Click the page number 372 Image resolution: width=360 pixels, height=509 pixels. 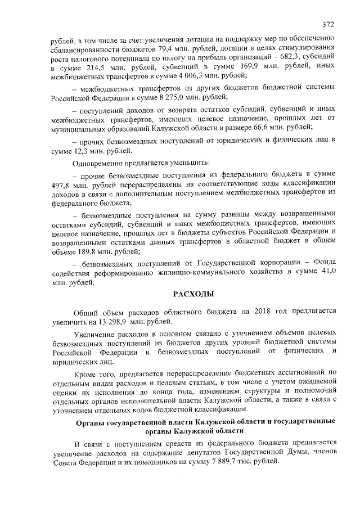pyautogui.click(x=328, y=24)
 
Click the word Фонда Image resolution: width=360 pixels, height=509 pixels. pyautogui.click(x=323, y=263)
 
